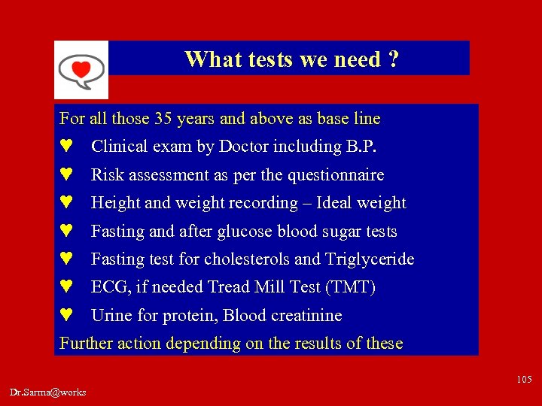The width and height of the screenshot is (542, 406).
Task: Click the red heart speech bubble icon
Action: [x=81, y=70]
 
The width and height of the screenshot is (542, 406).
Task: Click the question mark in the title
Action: [x=393, y=59]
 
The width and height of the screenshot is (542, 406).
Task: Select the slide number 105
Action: [x=524, y=379]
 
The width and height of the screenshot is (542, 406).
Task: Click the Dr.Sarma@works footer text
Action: [x=48, y=392]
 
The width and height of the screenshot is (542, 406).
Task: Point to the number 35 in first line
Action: [x=163, y=119]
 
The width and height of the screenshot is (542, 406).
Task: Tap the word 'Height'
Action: [x=116, y=203]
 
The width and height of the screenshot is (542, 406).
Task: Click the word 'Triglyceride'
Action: [x=370, y=259]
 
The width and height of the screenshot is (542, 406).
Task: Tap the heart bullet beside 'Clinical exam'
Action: [x=65, y=147]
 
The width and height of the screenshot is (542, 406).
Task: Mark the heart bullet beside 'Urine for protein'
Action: [x=65, y=317]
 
